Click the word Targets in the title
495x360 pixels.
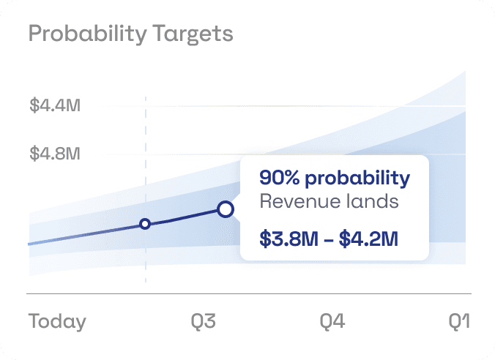[198, 34]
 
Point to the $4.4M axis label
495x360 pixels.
[55, 105]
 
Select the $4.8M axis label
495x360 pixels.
[55, 154]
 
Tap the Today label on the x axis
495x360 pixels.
[57, 321]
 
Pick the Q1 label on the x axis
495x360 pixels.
[459, 321]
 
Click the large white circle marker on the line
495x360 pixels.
[226, 210]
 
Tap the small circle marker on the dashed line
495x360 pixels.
[145, 224]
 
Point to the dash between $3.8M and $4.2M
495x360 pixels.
[328, 239]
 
